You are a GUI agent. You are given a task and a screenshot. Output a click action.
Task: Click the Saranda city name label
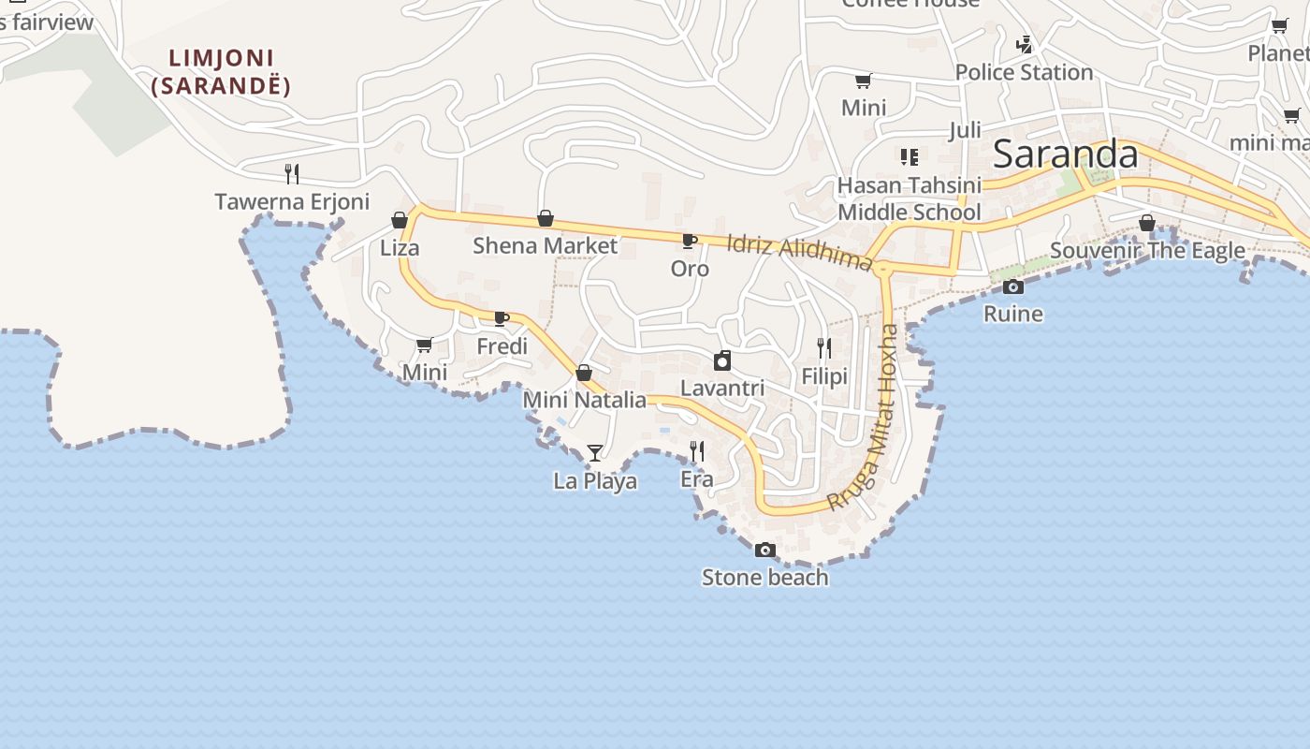point(1065,154)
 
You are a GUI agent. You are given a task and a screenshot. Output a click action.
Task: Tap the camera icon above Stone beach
point(765,550)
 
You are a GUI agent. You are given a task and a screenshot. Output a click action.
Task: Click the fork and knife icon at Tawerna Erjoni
point(292,173)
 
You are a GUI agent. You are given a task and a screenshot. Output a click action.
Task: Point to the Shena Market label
point(545,246)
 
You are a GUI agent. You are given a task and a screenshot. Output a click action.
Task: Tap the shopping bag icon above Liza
point(400,220)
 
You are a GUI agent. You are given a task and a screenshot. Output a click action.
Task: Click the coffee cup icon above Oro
point(690,242)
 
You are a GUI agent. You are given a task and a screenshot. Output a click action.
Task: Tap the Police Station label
point(1024,72)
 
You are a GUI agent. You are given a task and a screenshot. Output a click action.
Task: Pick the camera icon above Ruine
point(1012,286)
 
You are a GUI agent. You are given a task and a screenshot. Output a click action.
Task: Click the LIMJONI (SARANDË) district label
point(222,72)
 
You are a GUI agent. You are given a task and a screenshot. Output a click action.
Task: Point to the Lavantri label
point(721,388)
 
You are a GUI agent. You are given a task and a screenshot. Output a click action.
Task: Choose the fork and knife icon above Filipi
point(824,348)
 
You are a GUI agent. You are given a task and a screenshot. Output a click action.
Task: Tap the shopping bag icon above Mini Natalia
point(584,373)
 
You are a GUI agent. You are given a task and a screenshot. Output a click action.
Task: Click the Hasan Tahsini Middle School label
point(909,198)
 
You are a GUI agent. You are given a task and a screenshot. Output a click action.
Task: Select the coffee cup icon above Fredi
point(502,318)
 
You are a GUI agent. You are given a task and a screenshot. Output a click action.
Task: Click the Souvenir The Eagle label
point(1147,251)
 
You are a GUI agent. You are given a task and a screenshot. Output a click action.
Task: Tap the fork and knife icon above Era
point(696,451)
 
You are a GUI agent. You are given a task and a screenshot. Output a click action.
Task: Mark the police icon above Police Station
point(1025,44)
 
